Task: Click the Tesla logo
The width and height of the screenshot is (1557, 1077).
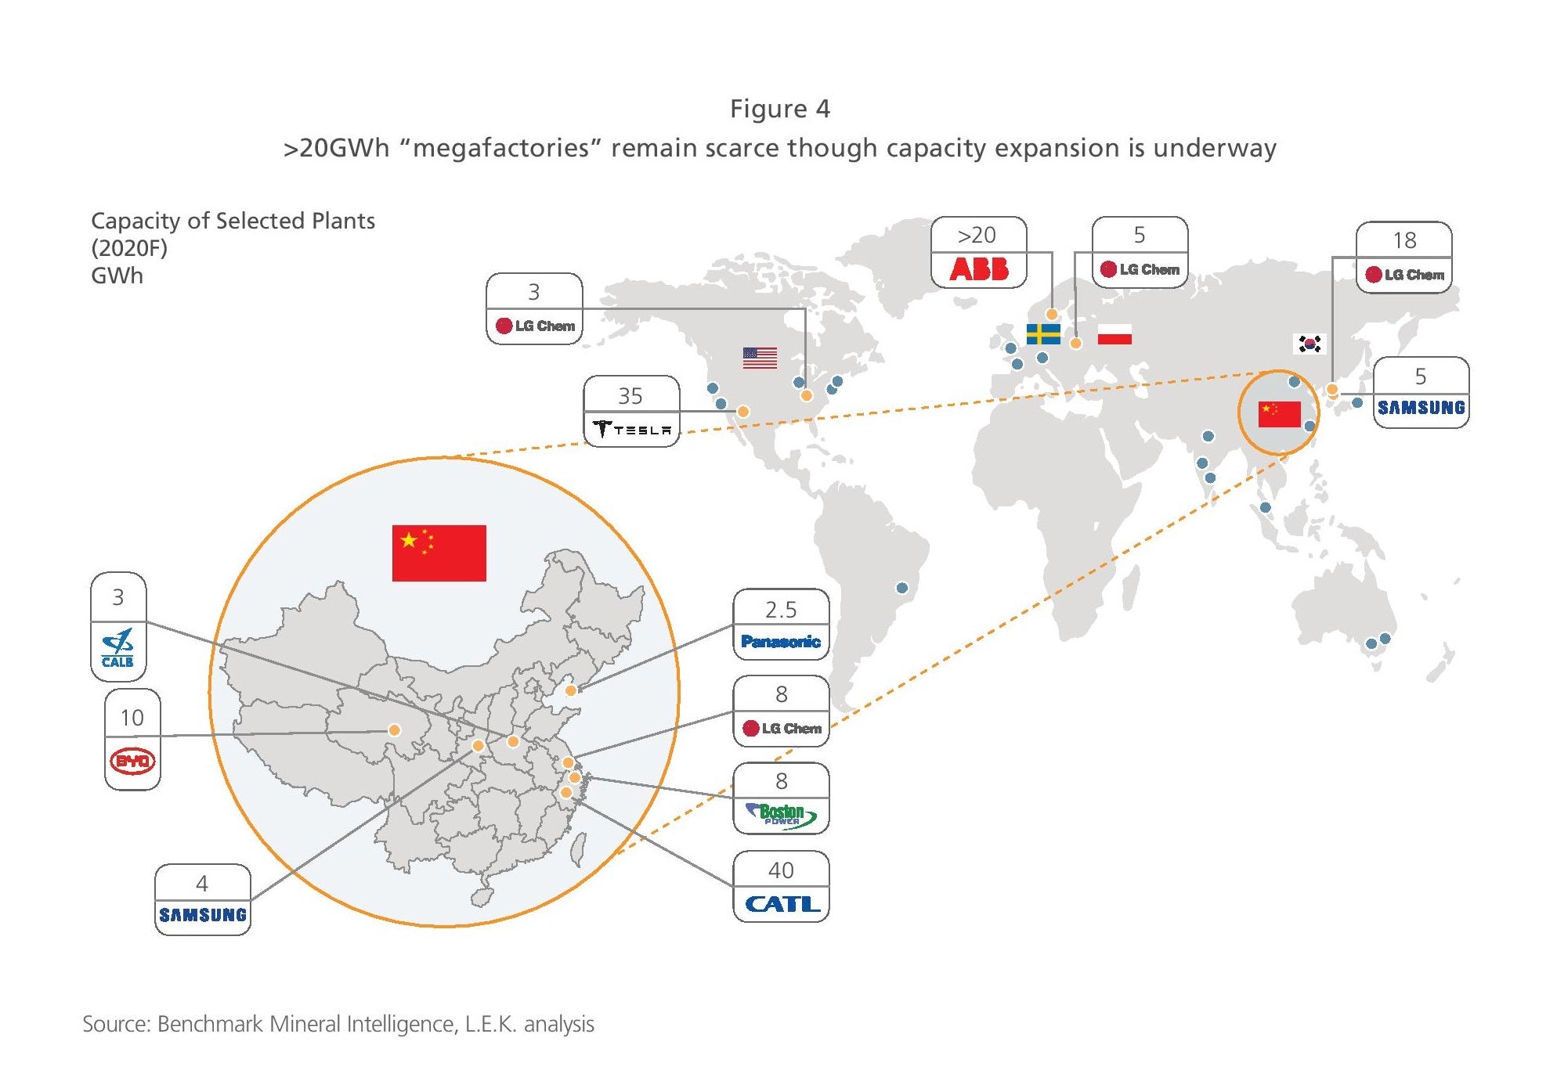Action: click(632, 429)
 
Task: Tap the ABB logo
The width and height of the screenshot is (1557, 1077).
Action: click(979, 269)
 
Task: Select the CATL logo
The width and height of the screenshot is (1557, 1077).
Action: click(782, 904)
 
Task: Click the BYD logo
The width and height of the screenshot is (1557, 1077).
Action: click(132, 761)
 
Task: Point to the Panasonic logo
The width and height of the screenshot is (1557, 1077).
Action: click(781, 642)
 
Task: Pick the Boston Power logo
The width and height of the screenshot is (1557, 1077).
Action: click(782, 815)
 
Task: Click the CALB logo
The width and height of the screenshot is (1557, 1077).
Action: click(117, 648)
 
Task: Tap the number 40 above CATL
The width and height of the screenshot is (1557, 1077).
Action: click(781, 870)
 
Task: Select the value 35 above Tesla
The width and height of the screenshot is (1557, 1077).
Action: click(630, 396)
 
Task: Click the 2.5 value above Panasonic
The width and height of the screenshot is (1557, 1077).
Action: click(781, 610)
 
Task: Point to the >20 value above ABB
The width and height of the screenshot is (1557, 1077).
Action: click(977, 235)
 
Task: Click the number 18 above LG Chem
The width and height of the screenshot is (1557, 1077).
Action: click(1404, 240)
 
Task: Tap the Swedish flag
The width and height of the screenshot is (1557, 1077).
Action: click(1043, 334)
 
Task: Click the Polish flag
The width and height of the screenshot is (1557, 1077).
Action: click(1114, 334)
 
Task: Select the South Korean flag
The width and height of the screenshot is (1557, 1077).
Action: click(1310, 344)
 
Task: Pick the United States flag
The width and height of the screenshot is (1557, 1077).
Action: click(760, 358)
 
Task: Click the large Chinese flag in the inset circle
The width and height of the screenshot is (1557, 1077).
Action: click(439, 553)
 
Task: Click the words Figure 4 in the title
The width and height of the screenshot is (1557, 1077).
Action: click(780, 109)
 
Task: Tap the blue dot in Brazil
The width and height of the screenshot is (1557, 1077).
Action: click(902, 588)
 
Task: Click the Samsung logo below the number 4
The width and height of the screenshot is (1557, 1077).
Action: click(203, 914)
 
